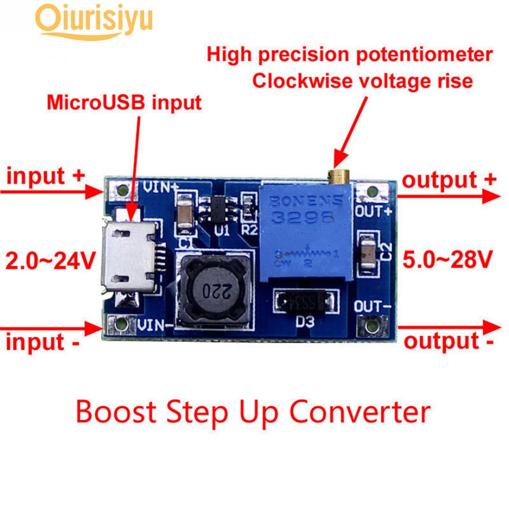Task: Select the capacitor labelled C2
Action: [x=368, y=252]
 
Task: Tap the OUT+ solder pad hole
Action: [x=372, y=192]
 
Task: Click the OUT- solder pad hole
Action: [x=372, y=325]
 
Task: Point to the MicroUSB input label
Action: [x=124, y=102]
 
